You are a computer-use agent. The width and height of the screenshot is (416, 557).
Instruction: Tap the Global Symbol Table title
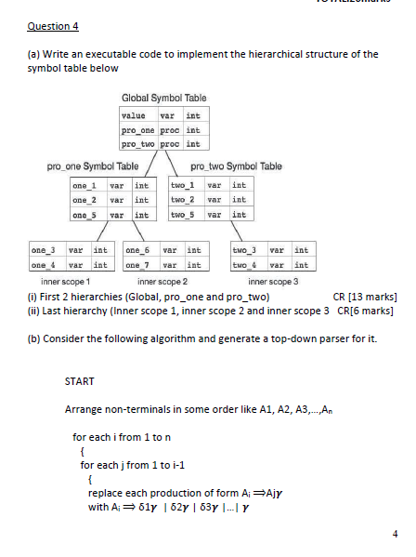coord(163,98)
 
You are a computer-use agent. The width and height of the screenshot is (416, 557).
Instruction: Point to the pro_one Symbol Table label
coord(93,166)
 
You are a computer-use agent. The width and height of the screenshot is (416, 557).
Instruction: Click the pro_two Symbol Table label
coord(236,166)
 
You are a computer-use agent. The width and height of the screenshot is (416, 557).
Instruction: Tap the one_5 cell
coord(85,215)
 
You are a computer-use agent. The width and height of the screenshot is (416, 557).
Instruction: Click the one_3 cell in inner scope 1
coord(44,250)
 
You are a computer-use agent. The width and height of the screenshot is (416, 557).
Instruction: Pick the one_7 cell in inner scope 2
coord(137,264)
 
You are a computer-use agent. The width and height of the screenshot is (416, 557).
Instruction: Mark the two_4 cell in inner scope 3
coord(244,264)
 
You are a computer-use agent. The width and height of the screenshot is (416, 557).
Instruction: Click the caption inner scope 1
coord(65,281)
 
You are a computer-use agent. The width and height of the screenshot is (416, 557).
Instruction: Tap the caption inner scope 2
coord(162,281)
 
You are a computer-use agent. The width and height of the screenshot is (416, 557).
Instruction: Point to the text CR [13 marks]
coord(364,296)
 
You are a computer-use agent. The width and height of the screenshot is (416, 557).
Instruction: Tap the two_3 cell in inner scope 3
coord(244,250)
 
